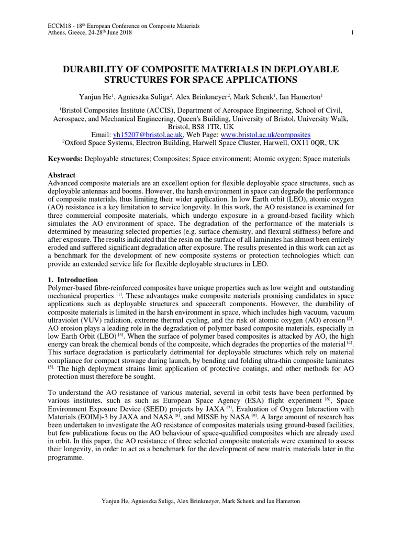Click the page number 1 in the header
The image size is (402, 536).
(353, 33)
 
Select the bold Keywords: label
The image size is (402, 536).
(65, 158)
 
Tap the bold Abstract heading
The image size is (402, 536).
(62, 175)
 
